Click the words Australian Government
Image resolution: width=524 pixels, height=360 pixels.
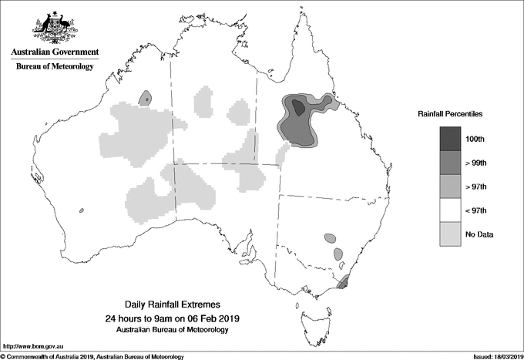55,52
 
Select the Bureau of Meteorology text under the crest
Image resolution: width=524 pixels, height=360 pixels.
55,66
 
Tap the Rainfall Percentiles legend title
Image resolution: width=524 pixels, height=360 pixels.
450,113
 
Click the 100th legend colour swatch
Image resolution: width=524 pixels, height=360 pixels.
450,139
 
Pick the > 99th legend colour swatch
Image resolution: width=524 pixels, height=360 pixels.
450,162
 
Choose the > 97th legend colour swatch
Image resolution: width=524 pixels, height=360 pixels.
450,186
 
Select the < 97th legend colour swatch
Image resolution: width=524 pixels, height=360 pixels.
450,210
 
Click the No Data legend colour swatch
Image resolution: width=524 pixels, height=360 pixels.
450,234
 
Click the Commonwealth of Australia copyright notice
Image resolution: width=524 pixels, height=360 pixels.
92,356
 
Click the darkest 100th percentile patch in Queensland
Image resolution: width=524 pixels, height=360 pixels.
300,111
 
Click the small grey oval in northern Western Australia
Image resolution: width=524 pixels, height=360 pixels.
145,97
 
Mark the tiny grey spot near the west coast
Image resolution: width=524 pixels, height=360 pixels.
81,210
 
